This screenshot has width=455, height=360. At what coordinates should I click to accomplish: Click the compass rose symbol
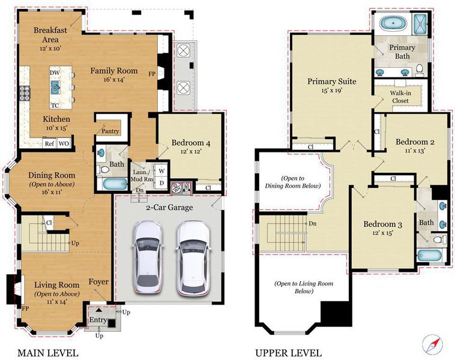point(433,344)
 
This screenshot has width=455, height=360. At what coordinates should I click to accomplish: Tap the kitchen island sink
point(55,87)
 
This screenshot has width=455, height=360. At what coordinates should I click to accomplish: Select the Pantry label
point(110,131)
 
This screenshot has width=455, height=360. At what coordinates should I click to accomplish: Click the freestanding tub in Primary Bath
point(393,23)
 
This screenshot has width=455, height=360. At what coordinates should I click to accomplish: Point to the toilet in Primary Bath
point(419,70)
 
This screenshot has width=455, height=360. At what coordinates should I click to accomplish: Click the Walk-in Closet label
point(400,97)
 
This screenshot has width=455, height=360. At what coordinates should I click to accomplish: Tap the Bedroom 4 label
point(191,143)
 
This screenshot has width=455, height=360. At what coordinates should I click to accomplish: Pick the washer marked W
point(161,171)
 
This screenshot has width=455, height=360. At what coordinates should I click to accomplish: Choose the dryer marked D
point(161,183)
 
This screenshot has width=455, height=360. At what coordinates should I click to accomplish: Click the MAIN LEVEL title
point(48,353)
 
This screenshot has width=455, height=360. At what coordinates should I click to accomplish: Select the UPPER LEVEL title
point(289,353)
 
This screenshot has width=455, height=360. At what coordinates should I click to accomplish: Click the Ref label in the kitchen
point(50,143)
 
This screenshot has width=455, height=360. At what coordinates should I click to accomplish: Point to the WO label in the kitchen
point(64,143)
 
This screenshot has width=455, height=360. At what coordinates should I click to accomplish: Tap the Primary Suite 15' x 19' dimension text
point(332,91)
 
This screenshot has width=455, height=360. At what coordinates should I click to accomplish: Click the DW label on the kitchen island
point(55,73)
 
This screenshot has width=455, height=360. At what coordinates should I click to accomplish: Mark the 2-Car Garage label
point(169,208)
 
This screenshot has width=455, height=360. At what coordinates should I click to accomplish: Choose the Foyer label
point(98,281)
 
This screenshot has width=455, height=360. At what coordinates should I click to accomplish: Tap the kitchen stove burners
point(25,93)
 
